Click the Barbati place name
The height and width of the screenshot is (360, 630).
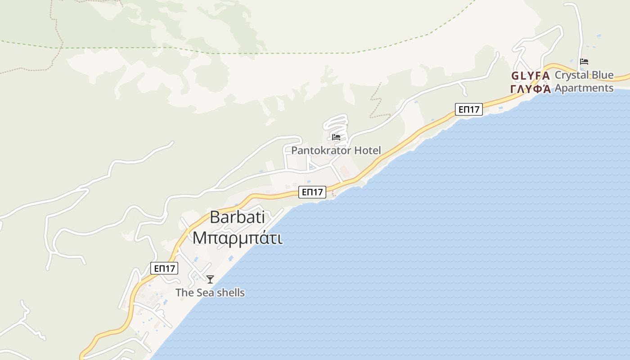(237, 218)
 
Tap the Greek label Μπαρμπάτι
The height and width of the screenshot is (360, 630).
(238, 238)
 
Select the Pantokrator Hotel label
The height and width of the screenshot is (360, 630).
(336, 150)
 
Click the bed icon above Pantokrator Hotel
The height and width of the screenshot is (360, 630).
(336, 137)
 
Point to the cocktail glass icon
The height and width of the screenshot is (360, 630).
(210, 279)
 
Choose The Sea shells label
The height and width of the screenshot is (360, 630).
(210, 292)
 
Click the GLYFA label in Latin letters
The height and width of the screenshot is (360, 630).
(530, 76)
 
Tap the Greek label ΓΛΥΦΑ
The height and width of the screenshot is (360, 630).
(531, 88)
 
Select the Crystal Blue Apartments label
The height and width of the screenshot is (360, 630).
(584, 81)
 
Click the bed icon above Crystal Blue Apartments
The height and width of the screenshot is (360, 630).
(584, 62)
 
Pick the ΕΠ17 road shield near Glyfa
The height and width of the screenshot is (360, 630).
(468, 109)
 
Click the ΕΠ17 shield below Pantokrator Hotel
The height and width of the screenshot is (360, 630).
(312, 192)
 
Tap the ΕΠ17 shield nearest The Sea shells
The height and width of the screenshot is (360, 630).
(164, 269)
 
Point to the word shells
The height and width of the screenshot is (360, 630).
(229, 292)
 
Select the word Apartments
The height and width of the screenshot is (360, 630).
(584, 88)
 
